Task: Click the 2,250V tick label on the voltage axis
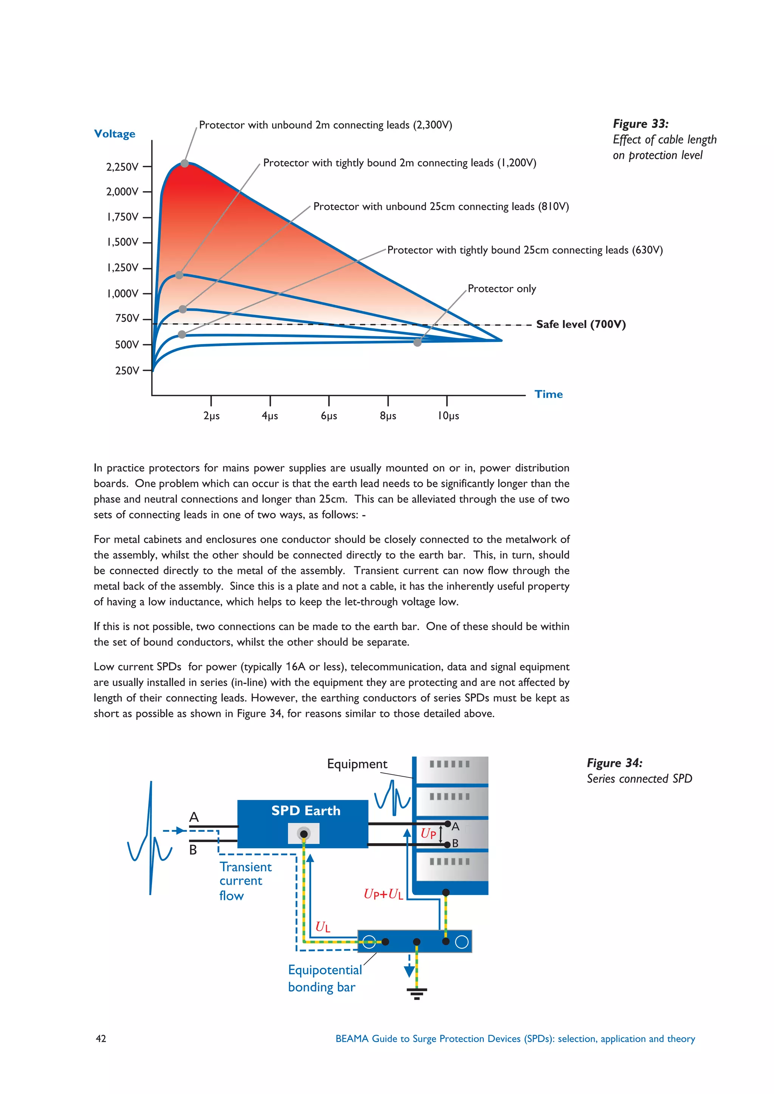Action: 122,167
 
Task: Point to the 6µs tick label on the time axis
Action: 329,416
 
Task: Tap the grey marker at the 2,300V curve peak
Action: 185,164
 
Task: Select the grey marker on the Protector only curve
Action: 418,342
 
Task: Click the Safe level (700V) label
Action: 580,324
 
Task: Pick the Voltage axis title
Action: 115,134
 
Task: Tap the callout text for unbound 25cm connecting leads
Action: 441,206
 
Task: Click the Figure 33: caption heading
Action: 641,124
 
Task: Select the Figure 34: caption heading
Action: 615,763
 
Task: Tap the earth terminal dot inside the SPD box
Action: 303,833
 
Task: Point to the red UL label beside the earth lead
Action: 323,927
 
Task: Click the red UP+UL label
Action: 383,894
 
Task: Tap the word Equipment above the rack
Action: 357,764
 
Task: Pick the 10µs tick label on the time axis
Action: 448,416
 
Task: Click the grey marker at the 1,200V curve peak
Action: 179,275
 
